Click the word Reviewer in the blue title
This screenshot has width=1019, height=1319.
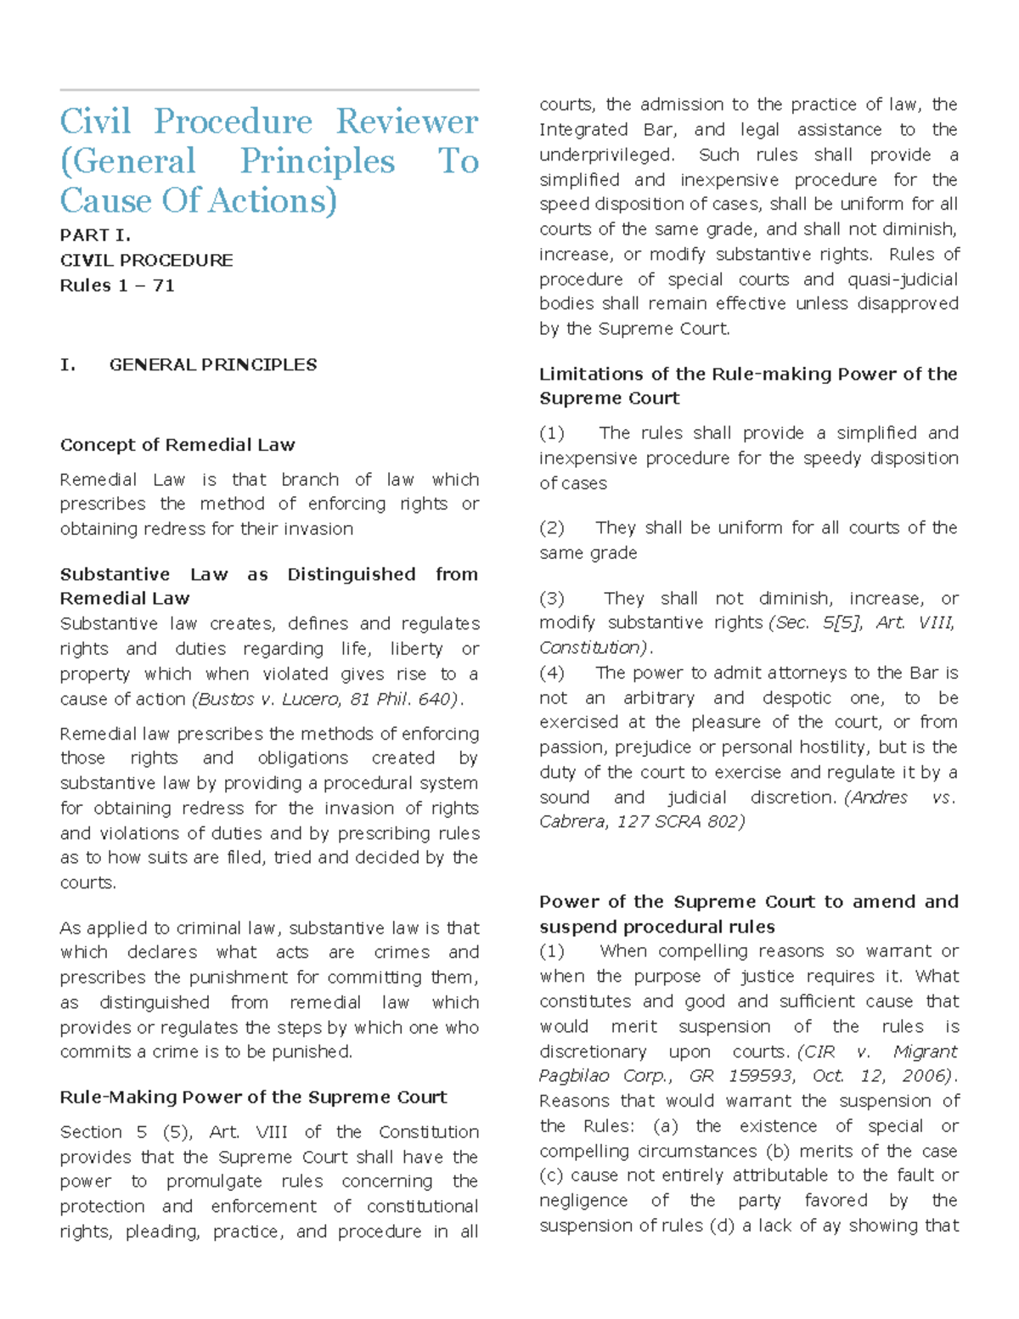407,121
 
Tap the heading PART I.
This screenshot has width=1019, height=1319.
95,235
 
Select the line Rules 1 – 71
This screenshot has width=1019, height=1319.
117,285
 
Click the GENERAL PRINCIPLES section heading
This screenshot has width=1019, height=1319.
212,365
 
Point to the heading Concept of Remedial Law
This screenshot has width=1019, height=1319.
177,445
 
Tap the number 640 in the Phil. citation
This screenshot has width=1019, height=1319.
438,699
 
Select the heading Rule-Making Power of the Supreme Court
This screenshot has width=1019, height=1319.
253,1097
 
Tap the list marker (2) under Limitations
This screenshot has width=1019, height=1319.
552,527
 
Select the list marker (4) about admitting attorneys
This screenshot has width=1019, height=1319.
552,673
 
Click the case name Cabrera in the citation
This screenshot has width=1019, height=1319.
572,822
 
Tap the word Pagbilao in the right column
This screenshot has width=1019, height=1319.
574,1076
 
